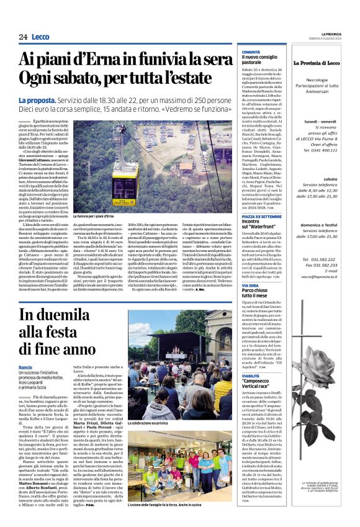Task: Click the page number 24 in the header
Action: coord(23,37)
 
